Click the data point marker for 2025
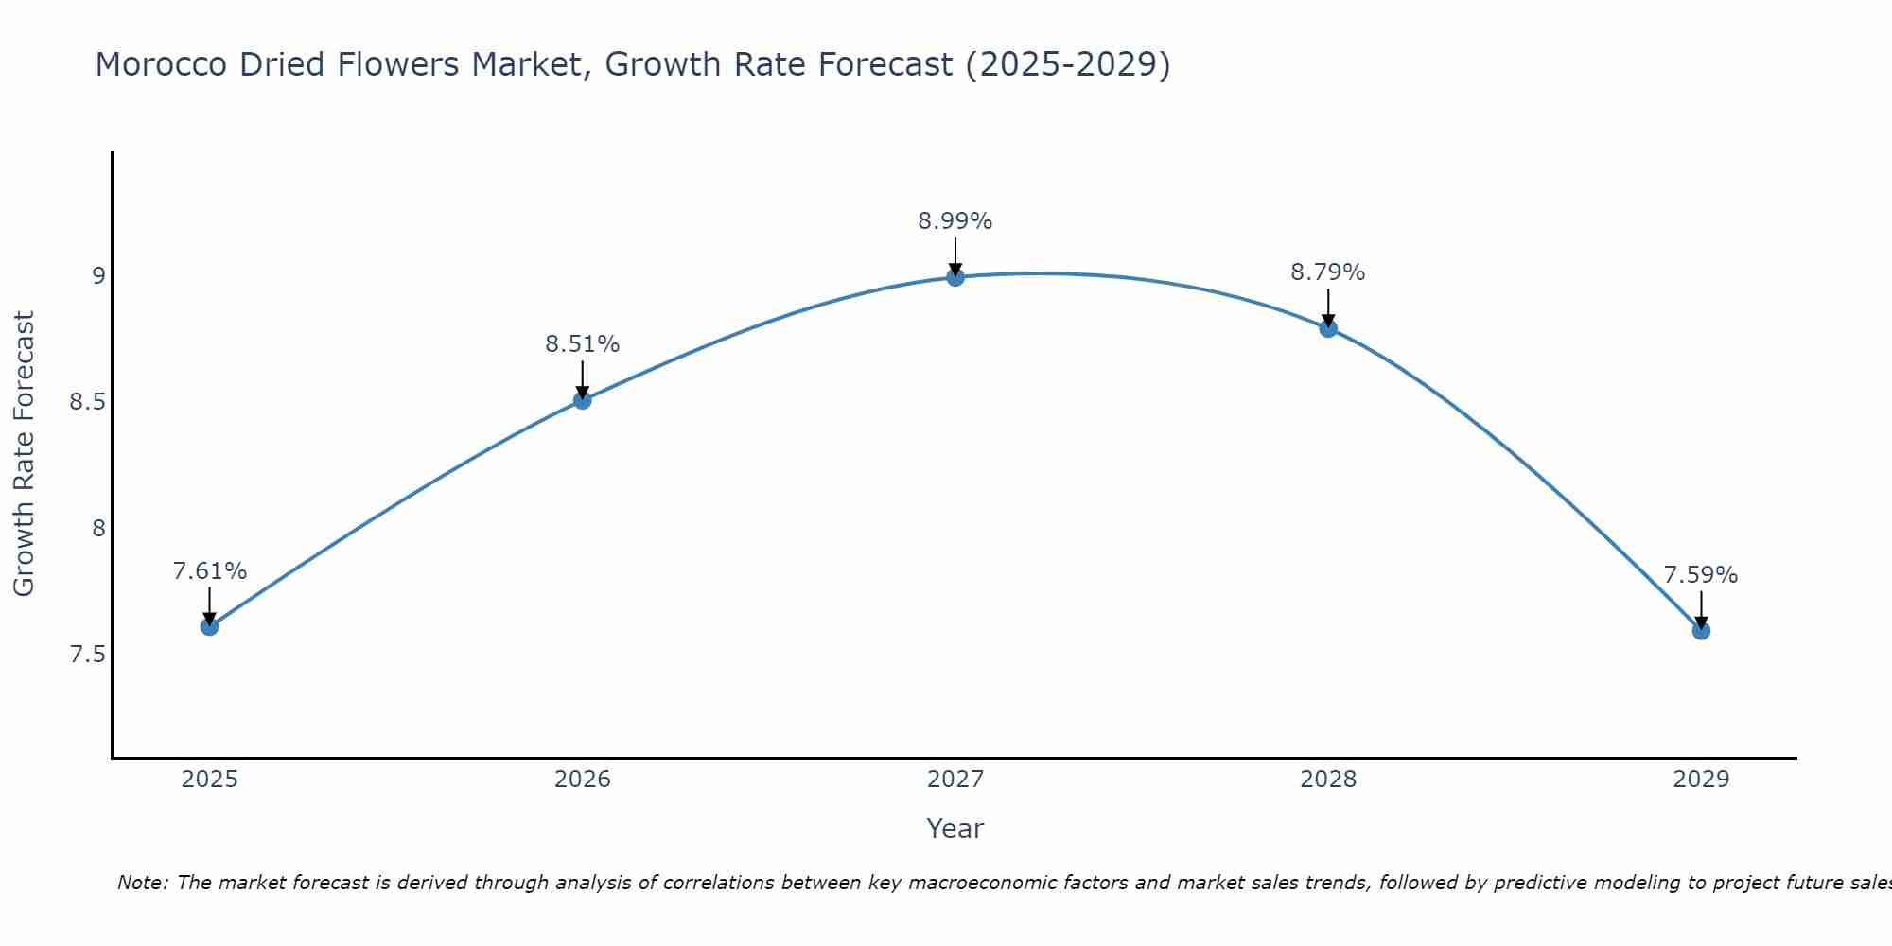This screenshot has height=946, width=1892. tap(209, 626)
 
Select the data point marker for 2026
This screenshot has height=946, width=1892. tap(582, 400)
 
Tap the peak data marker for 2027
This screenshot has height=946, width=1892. tap(955, 277)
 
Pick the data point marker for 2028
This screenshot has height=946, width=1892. tap(1327, 328)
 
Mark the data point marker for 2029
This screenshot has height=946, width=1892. tap(1700, 631)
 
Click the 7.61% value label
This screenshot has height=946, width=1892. tap(209, 571)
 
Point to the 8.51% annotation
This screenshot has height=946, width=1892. tap(582, 344)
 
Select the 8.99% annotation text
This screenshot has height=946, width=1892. tap(955, 221)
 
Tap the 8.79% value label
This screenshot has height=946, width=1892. tap(1327, 272)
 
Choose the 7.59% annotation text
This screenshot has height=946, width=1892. tap(1700, 575)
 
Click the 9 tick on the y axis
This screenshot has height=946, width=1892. tap(98, 276)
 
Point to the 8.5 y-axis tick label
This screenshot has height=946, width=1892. tap(87, 402)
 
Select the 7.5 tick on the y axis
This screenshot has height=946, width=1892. tap(87, 655)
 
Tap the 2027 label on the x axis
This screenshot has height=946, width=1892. tap(955, 780)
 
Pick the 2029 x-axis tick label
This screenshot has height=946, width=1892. tap(1700, 780)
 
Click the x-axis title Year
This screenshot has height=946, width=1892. tap(955, 829)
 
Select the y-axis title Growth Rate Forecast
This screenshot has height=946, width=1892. tap(24, 454)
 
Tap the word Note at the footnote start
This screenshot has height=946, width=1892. tap(142, 883)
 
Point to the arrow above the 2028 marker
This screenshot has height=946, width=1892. tap(1327, 307)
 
